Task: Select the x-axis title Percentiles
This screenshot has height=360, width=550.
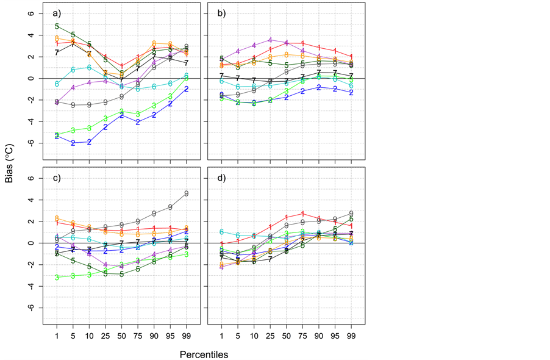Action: point(204,353)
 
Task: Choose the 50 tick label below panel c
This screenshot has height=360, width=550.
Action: point(121,336)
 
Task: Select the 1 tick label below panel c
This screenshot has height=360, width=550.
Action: point(57,336)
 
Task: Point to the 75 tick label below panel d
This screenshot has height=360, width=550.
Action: point(303,336)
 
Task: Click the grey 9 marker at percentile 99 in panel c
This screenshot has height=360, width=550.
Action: point(187,193)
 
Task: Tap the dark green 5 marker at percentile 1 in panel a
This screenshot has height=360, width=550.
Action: point(57,26)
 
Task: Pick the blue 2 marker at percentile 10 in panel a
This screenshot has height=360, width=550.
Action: point(89,142)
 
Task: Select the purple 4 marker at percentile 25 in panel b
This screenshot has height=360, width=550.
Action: point(270,40)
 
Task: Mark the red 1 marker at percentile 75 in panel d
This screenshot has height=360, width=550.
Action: point(303,213)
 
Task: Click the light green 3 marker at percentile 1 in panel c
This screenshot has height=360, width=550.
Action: point(57,277)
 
